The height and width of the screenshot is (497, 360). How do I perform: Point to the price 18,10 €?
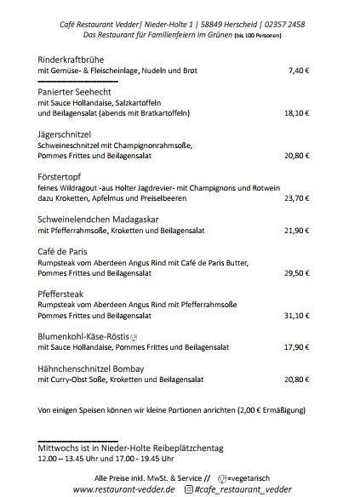pyautogui.click(x=296, y=112)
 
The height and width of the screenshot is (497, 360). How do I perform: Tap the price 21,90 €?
pyautogui.click(x=296, y=230)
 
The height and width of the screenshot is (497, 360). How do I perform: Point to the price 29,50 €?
pyautogui.click(x=296, y=272)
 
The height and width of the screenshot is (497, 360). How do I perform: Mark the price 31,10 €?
pyautogui.click(x=296, y=315)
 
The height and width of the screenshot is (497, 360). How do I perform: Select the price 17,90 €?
pyautogui.click(x=296, y=347)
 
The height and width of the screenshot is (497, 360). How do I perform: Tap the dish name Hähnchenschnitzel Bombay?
pyautogui.click(x=94, y=368)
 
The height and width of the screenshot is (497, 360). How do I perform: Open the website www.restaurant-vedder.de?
pyautogui.click(x=123, y=489)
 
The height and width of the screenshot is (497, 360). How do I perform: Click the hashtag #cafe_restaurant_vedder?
pyautogui.click(x=242, y=489)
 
